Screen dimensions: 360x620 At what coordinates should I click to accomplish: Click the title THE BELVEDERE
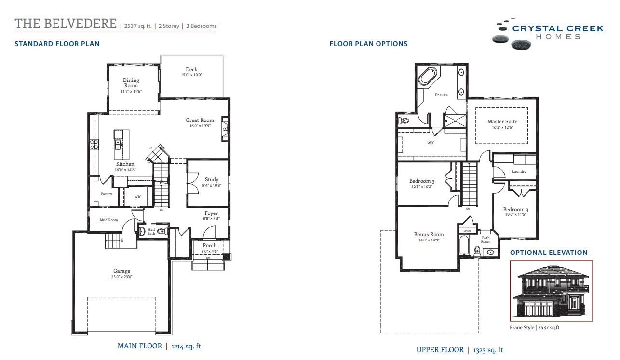tap(66, 24)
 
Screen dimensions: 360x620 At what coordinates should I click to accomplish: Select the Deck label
tap(191, 69)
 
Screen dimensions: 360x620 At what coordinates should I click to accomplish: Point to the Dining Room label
tap(131, 83)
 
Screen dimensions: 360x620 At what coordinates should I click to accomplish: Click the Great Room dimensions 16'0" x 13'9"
tap(200, 127)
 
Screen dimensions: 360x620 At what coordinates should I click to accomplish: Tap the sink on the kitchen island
tap(118, 143)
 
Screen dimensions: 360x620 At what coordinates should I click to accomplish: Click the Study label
tap(212, 179)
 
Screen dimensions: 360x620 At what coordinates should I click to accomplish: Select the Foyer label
tap(211, 213)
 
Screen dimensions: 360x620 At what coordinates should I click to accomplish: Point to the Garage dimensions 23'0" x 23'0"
tap(122, 277)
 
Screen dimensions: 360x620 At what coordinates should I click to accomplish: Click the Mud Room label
tap(108, 220)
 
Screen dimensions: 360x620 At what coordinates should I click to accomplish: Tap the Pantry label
tap(107, 194)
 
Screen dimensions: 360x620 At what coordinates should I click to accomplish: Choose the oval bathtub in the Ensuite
tap(429, 76)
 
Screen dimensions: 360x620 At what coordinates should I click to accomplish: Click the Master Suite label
tap(502, 121)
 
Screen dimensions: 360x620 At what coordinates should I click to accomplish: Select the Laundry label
tap(519, 171)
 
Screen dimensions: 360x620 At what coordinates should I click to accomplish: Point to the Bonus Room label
tap(429, 235)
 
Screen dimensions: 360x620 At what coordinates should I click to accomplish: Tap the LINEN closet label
tap(467, 231)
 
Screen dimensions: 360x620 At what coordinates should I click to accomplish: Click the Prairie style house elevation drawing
tap(551, 292)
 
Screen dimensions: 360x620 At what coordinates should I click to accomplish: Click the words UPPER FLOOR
tap(440, 350)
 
